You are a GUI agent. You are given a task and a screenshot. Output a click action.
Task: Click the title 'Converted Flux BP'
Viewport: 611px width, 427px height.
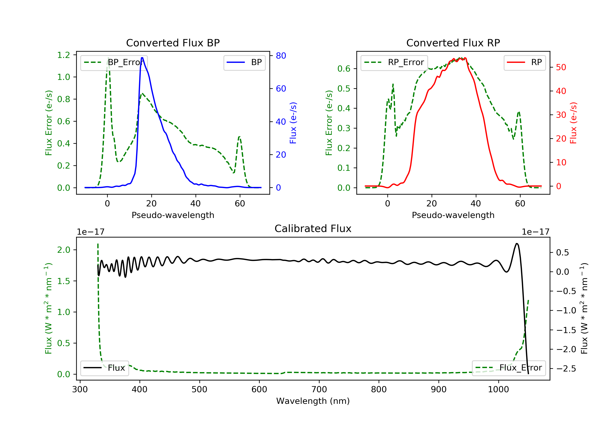[173, 43]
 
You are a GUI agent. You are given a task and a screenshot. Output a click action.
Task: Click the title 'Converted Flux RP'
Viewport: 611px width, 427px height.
[453, 43]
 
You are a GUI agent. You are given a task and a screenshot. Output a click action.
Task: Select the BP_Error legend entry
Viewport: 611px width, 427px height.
[114, 62]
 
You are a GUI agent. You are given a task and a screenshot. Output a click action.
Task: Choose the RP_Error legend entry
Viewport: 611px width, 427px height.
[394, 62]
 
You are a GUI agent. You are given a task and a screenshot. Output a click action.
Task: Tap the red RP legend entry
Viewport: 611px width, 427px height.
[524, 62]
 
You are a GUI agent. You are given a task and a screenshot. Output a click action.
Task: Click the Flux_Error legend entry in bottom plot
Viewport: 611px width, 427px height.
[509, 368]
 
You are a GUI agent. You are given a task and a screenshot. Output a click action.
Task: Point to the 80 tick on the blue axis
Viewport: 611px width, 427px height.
[281, 56]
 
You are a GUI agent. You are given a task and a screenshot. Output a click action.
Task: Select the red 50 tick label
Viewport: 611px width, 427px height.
[561, 67]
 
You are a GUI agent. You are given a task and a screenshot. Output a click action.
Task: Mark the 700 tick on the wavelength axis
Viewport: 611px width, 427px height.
[319, 390]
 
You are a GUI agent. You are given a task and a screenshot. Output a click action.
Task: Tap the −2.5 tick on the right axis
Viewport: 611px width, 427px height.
[566, 369]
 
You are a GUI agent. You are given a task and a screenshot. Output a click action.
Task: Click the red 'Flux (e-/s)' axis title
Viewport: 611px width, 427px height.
[573, 123]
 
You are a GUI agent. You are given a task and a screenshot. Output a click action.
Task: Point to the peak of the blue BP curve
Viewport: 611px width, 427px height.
[142, 58]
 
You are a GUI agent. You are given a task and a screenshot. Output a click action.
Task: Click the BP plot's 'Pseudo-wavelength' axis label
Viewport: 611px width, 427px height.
[173, 215]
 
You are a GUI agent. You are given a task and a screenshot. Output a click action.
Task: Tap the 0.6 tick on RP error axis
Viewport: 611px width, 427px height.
[344, 69]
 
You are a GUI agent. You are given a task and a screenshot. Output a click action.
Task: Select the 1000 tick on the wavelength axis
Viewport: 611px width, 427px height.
[498, 390]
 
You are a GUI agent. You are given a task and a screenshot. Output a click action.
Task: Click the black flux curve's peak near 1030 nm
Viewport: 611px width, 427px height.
[516, 243]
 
